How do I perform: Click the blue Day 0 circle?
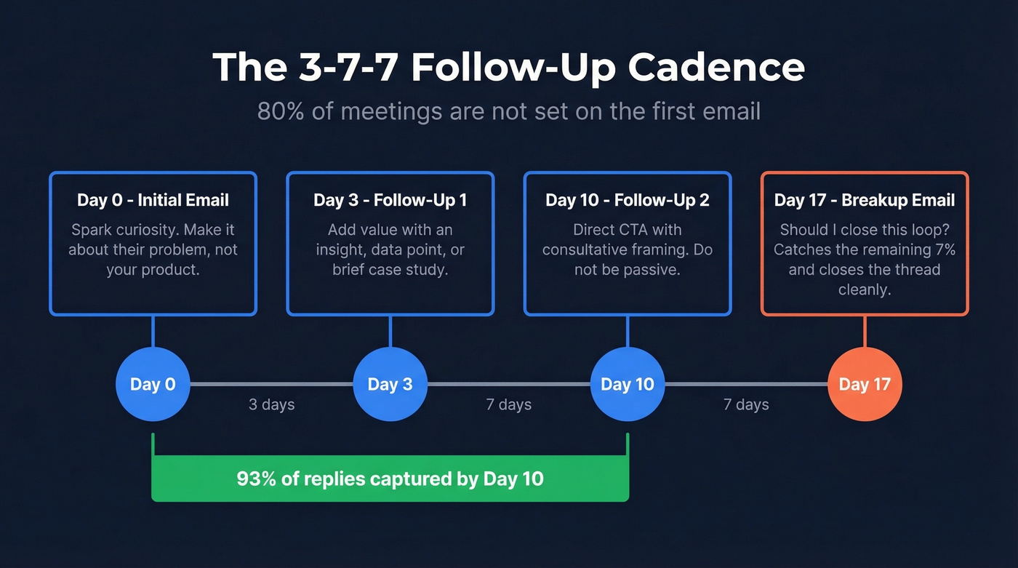coord(153,384)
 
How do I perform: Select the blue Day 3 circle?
coord(390,384)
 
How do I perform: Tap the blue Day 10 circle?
coord(627,384)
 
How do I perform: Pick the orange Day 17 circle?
coord(865,384)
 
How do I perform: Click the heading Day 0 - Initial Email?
coord(153,200)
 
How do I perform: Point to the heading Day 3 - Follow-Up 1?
coord(390,200)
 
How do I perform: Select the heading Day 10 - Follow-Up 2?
coord(627,200)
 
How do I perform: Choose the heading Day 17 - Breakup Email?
coord(865,200)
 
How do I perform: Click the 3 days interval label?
coord(271,404)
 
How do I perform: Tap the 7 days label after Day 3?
coord(508,404)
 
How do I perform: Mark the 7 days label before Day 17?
coord(746,404)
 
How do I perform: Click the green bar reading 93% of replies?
coord(390,479)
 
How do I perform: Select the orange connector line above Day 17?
coord(865,331)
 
